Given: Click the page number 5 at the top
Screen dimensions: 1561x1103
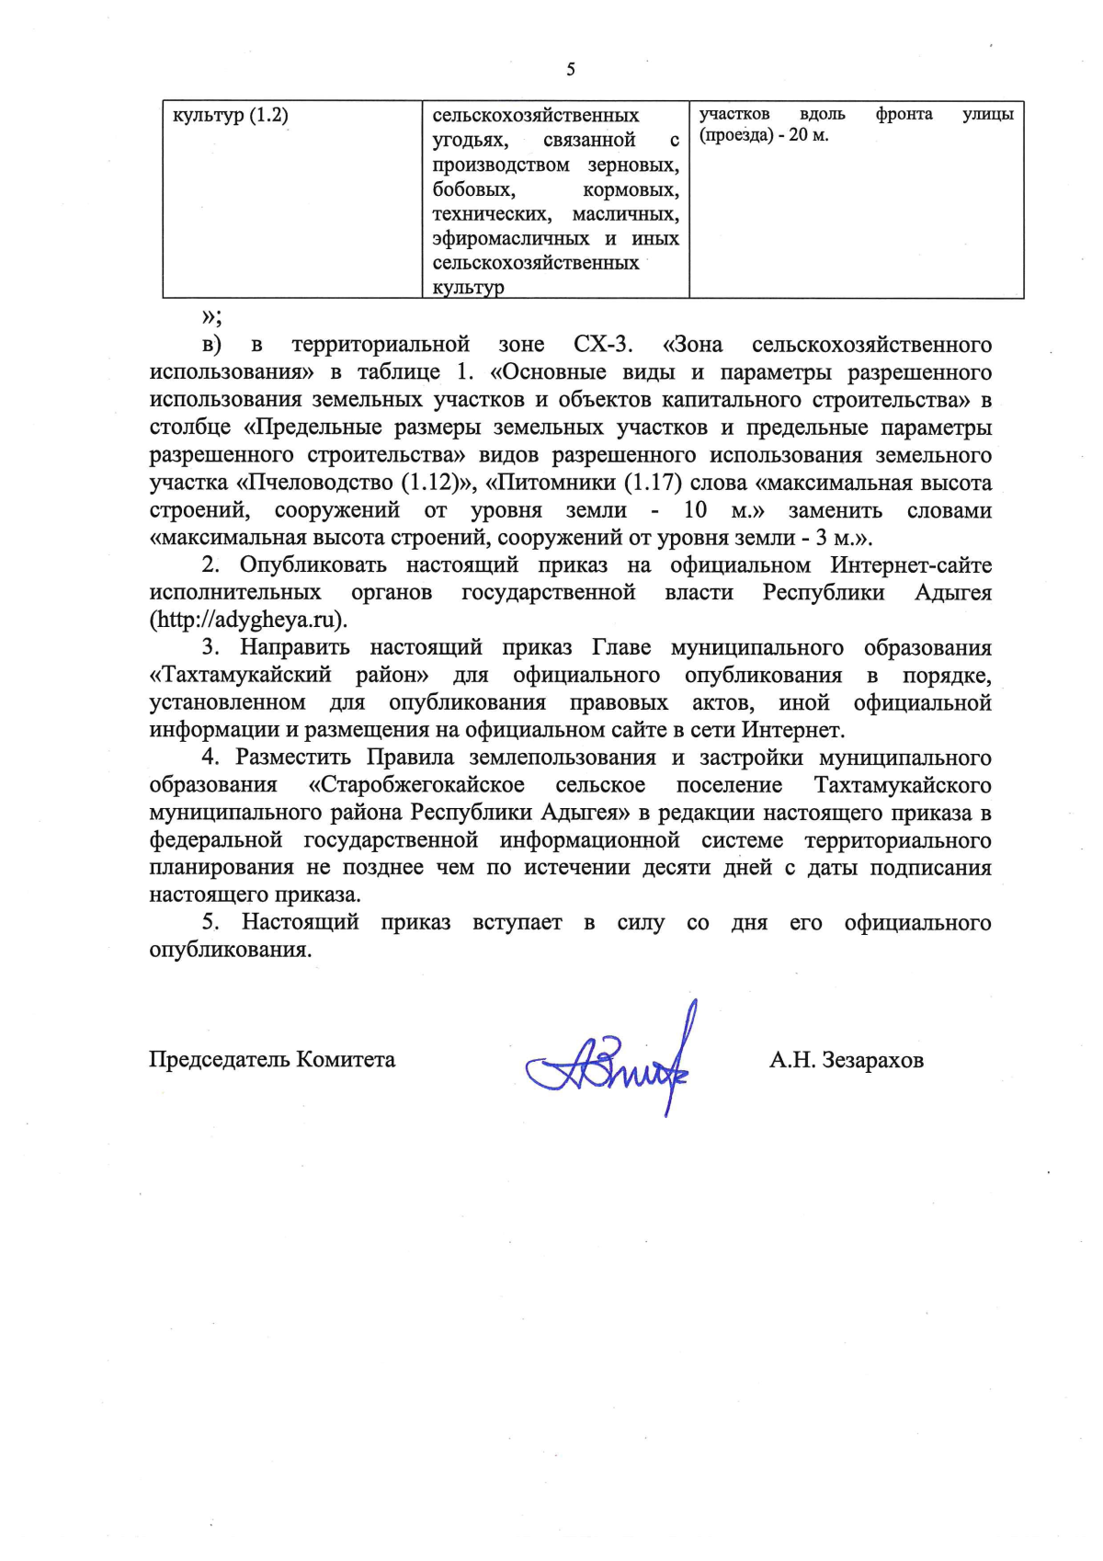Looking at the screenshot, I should coord(571,70).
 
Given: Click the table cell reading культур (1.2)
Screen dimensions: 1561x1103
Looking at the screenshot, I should coord(231,116).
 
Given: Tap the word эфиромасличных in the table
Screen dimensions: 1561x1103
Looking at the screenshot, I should coord(511,238).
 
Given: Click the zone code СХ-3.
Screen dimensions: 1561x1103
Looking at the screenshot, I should coord(603,345).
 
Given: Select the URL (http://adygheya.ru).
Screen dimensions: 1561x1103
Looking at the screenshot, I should coord(248,620).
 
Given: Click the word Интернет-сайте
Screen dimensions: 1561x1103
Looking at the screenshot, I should coord(911,564).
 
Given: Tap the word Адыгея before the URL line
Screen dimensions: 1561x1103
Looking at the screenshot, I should coord(952,592).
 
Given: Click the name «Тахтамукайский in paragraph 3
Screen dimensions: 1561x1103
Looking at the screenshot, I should coord(240,675).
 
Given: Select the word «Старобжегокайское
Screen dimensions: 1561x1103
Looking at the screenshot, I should coord(416,785).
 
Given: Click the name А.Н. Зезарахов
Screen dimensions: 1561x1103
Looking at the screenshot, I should coord(846,1060).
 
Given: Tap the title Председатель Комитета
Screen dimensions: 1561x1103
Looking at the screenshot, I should coord(272,1059).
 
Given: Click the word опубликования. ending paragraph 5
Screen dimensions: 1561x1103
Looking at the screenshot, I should coord(231,950).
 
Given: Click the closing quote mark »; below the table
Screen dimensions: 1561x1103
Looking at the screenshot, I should coord(210,317).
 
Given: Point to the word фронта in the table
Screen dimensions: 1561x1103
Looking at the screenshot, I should coord(904,114).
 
